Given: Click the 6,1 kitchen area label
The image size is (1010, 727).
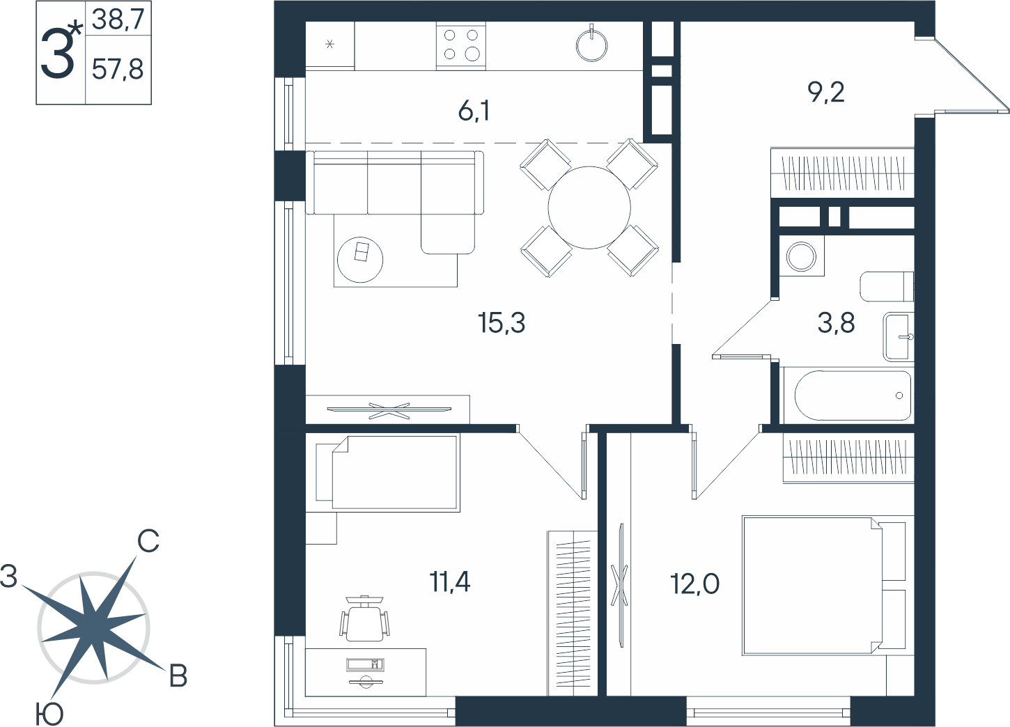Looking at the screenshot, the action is tap(474, 111).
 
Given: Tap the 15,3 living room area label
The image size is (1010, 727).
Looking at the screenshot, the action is tap(502, 323).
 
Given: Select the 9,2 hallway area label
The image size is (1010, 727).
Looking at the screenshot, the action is tap(826, 93).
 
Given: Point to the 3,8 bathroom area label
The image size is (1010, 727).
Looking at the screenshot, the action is tap(836, 323).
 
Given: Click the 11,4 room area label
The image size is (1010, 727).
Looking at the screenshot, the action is tap(450, 581).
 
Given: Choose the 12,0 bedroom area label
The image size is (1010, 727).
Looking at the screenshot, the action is tap(694, 584).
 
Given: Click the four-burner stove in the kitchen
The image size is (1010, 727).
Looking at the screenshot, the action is tap(461, 45).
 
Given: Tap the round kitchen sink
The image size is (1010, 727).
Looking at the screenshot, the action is tap(591, 45).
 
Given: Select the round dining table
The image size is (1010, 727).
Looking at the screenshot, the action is tap(589, 208).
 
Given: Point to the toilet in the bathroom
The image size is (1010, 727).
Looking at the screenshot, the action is tap(887, 286).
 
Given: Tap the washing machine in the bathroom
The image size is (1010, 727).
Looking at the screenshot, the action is tap(801, 256).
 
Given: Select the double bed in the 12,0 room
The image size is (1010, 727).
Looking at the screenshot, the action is tap(824, 586).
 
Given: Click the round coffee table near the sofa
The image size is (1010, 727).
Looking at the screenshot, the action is tap(360, 260).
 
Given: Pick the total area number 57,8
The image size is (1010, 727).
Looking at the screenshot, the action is tap(118, 70).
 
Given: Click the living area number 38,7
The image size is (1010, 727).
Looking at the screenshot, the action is tap(118, 19).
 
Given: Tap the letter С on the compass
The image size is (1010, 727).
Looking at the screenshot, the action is tap(148, 541).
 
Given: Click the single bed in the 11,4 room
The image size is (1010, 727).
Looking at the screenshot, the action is tap(388, 473).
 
